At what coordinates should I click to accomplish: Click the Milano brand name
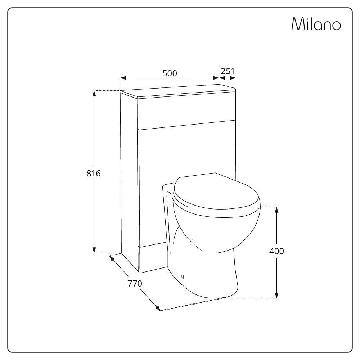316,24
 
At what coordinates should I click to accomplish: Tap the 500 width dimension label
170,73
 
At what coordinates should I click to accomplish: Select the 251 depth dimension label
228,71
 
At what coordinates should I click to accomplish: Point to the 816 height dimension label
94,174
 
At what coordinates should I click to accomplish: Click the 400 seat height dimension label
276,251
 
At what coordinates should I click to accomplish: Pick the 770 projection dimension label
135,284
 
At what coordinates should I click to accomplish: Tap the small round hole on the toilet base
183,276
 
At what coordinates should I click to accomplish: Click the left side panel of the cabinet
130,181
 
